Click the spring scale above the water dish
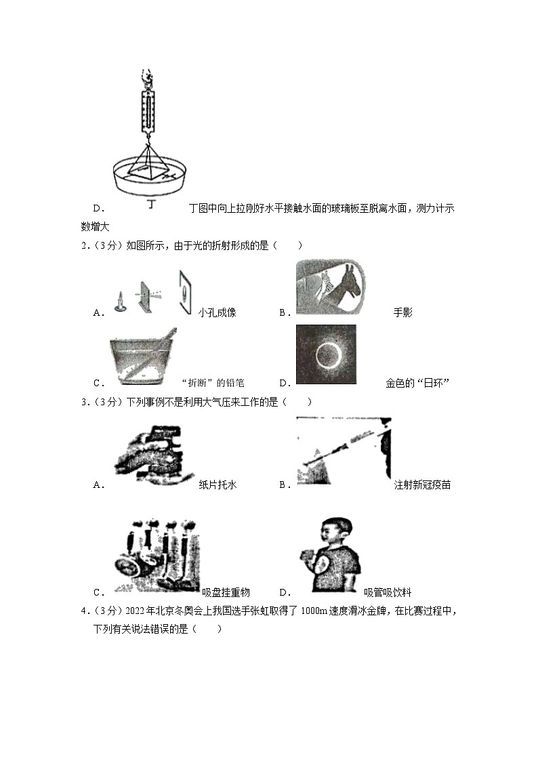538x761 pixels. (x=148, y=108)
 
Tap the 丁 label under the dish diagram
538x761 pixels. (x=149, y=204)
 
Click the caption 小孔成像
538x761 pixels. (x=218, y=312)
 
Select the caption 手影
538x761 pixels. (x=402, y=312)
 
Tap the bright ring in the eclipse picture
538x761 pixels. (x=327, y=353)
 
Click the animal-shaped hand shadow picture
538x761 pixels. (x=330, y=288)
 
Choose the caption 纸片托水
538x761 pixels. (x=218, y=485)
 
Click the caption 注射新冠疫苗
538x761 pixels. (x=422, y=485)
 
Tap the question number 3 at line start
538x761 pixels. (x=84, y=402)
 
